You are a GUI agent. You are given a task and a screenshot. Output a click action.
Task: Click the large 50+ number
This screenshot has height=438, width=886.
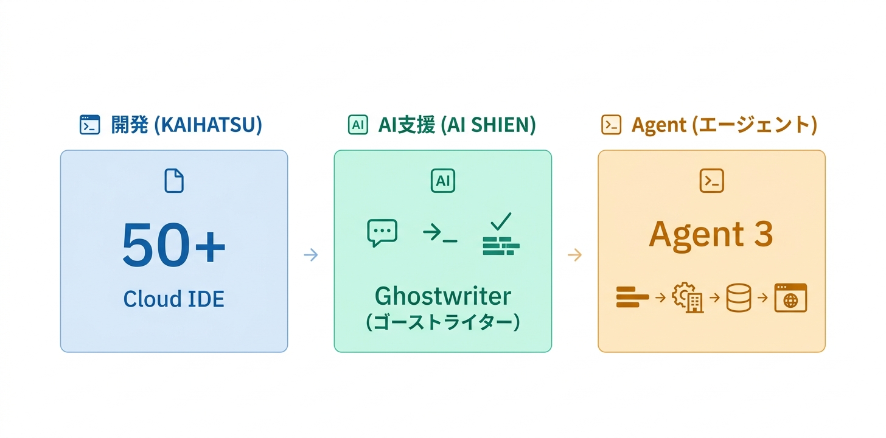[174, 245]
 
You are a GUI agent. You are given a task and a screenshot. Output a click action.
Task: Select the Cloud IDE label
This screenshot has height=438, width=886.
[174, 299]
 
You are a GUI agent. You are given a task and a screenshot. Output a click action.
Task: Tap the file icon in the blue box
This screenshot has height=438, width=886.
[174, 181]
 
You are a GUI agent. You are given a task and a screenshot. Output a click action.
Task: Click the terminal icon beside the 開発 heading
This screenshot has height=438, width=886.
[90, 125]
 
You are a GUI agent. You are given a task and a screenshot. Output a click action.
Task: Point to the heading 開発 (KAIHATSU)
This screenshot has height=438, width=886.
[186, 125]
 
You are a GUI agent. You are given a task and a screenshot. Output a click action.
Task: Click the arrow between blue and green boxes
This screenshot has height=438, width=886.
[310, 255]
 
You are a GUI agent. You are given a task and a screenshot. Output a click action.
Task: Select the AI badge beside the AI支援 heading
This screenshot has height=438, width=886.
[358, 125]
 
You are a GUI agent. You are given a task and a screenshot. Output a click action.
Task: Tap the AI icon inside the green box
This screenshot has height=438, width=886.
[442, 181]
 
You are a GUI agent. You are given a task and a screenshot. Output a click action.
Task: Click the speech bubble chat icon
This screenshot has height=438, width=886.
[382, 232]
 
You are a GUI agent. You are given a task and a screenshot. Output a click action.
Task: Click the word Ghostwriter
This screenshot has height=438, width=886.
[442, 296]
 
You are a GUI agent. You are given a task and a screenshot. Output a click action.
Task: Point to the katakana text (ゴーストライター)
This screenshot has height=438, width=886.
[442, 322]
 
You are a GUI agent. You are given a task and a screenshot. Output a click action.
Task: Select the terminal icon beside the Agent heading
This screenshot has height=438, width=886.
[611, 125]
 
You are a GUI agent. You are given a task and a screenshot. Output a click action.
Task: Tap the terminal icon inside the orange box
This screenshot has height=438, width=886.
[712, 181]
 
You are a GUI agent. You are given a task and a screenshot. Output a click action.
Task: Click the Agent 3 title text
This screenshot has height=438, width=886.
[711, 234]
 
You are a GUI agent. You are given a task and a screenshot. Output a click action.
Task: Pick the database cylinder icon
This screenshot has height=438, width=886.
[739, 298]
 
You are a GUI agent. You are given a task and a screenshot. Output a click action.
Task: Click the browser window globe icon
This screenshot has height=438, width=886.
[790, 298]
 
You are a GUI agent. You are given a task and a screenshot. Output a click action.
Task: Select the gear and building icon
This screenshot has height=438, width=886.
[688, 298]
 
